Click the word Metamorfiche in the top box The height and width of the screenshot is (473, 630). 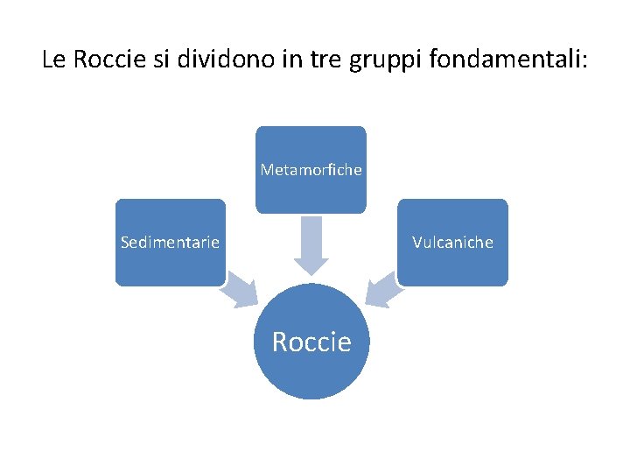click(311, 170)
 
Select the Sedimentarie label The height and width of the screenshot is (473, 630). click(170, 242)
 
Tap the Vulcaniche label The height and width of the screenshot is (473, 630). click(452, 242)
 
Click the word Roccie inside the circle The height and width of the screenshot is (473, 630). click(311, 341)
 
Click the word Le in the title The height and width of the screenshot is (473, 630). click(53, 60)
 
